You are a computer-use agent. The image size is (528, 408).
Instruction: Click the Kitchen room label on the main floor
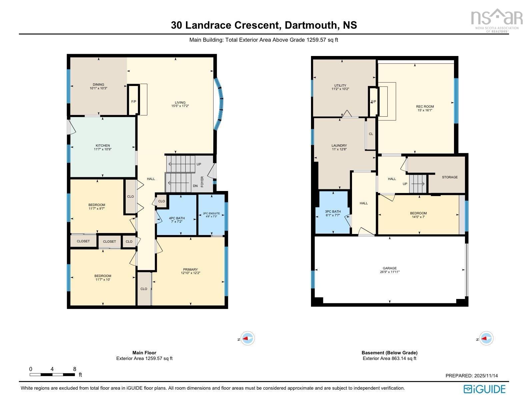pyautogui.click(x=103, y=146)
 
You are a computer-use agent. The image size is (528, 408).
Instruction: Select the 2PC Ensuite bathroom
pyautogui.click(x=211, y=215)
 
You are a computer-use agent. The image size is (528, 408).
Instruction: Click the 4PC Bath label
pyautogui.click(x=177, y=218)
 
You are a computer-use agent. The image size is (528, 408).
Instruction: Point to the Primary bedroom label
pyautogui.click(x=190, y=269)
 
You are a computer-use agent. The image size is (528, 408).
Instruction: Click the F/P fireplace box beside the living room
pyautogui.click(x=133, y=101)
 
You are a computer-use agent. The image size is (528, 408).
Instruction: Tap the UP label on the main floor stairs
pyautogui.click(x=199, y=164)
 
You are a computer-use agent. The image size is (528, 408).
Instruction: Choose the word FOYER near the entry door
pyautogui.click(x=202, y=182)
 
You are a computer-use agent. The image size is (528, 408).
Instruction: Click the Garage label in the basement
pyautogui.click(x=390, y=268)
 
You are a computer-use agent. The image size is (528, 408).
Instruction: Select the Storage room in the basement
pyautogui.click(x=450, y=177)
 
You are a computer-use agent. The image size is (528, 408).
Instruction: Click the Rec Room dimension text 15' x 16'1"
pyautogui.click(x=425, y=110)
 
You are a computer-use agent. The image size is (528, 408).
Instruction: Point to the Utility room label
pyautogui.click(x=340, y=85)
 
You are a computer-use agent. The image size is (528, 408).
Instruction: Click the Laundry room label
pyautogui.click(x=339, y=146)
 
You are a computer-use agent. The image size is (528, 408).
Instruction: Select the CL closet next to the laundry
pyautogui.click(x=371, y=134)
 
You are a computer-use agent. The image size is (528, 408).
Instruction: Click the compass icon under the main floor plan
pyautogui.click(x=247, y=338)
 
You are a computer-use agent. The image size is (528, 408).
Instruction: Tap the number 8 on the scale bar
pyautogui.click(x=75, y=369)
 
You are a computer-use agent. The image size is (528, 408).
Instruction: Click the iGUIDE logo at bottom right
pyautogui.click(x=484, y=389)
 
